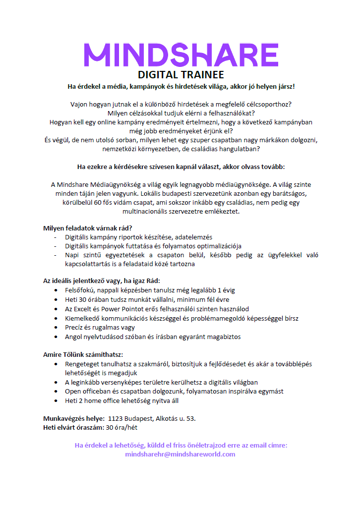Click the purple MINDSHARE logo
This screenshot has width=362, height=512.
(181, 55)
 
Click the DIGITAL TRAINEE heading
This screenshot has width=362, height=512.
(181, 75)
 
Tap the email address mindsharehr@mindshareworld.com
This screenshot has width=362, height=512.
(181, 454)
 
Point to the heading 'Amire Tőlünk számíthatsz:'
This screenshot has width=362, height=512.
(83, 354)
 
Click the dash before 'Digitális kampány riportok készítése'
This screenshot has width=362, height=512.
(55, 237)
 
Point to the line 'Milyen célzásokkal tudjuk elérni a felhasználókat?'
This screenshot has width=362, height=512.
(181, 113)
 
